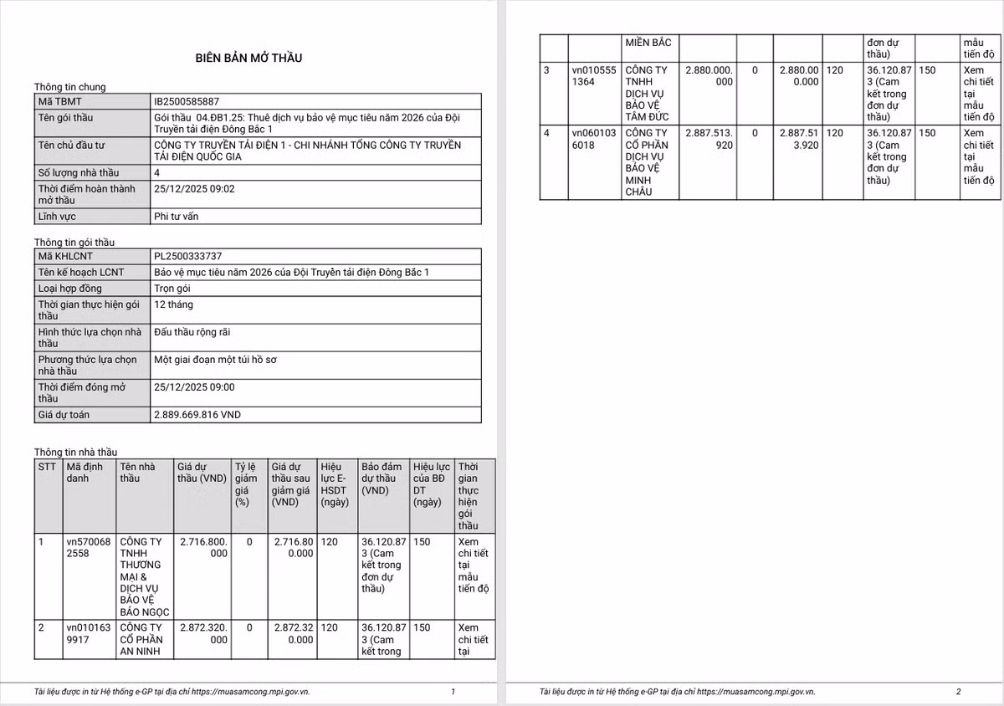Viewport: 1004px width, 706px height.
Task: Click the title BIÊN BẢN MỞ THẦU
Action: click(x=248, y=58)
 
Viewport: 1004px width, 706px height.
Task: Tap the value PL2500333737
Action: click(x=188, y=256)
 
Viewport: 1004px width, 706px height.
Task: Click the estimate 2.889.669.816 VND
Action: click(x=197, y=415)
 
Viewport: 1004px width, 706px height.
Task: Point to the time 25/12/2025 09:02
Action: click(x=195, y=189)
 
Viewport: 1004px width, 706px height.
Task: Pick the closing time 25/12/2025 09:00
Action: click(x=195, y=387)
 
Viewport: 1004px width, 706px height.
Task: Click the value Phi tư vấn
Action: click(x=177, y=217)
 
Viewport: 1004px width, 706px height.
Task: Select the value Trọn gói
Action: click(x=174, y=289)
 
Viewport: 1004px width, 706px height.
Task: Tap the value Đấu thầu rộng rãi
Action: click(x=192, y=332)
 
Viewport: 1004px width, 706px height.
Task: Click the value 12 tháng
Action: click(x=174, y=304)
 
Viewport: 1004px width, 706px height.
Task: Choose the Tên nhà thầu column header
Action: click(x=137, y=473)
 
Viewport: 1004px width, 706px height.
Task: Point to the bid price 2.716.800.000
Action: click(x=203, y=548)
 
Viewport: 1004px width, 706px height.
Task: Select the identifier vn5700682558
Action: click(x=88, y=548)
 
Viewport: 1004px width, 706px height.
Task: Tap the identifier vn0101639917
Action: click(x=88, y=633)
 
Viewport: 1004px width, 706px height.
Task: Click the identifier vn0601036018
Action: click(x=593, y=139)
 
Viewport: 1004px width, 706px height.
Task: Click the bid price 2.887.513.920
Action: click(x=708, y=139)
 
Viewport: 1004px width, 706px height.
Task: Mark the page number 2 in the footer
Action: click(x=958, y=692)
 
